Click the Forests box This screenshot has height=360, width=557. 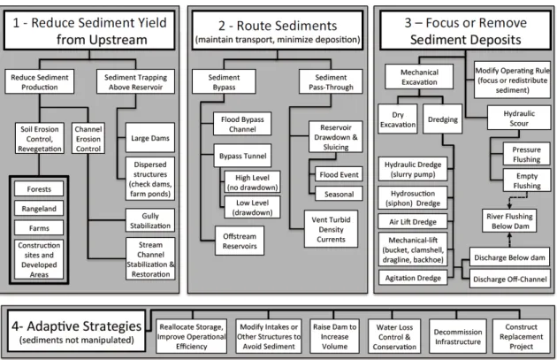click(39, 188)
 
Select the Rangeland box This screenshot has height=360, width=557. click(39, 208)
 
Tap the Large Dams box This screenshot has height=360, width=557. click(150, 138)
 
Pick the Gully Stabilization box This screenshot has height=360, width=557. click(150, 221)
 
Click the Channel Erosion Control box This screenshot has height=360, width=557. click(88, 139)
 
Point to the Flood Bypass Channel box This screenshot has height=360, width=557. click(242, 124)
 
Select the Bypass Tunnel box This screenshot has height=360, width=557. click(242, 156)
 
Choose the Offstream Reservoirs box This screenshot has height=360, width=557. click(240, 241)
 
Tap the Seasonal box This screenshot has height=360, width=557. click(339, 194)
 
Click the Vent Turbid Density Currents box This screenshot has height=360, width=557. click(331, 229)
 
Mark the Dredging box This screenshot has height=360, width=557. click(443, 119)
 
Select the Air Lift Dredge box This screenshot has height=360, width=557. click(412, 222)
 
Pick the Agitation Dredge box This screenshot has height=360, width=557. click(413, 278)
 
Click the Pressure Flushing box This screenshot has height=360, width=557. click(526, 154)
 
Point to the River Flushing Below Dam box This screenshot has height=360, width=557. click(509, 221)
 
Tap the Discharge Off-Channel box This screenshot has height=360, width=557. click(510, 279)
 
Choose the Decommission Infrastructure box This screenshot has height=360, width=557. click(458, 336)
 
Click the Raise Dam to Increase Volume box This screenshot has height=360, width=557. click(334, 336)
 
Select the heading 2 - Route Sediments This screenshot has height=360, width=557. click(278, 26)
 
